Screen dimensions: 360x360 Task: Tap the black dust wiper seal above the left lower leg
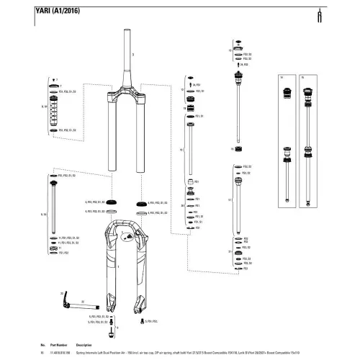pos(111,203)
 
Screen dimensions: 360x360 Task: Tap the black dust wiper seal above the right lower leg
pos(141,204)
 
